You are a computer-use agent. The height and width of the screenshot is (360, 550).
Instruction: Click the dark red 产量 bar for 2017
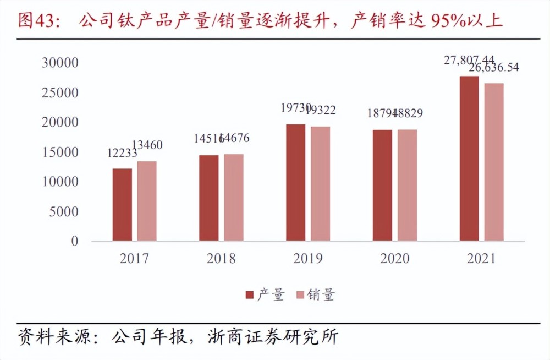122,205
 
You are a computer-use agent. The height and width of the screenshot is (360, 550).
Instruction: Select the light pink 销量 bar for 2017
147,201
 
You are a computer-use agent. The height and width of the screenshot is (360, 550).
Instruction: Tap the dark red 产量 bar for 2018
208,198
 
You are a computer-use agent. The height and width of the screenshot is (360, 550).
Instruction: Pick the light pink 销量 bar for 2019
320,184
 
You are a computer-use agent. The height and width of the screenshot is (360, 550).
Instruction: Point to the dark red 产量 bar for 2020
382,186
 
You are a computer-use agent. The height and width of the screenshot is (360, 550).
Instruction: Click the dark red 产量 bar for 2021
469,159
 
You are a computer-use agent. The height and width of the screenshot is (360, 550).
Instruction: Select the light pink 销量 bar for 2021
493,162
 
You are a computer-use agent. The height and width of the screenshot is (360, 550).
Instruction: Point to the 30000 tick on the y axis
60,63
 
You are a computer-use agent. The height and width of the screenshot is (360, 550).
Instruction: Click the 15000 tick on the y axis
60,152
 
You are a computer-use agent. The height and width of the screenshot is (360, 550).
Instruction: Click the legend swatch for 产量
250,296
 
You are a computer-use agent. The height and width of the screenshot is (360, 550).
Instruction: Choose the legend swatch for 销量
299,296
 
